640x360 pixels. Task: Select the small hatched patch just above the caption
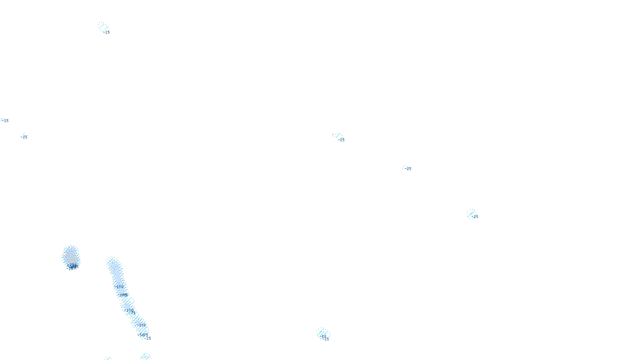click(x=322, y=332)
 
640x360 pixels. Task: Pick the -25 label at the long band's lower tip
click(x=148, y=338)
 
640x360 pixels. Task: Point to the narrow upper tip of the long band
click(x=112, y=261)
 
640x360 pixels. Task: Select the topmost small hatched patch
click(x=103, y=26)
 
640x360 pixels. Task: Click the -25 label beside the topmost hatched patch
click(x=107, y=32)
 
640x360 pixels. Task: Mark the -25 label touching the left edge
click(x=5, y=120)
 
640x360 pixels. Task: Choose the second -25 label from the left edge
click(x=24, y=137)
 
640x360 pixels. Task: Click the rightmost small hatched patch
click(x=471, y=213)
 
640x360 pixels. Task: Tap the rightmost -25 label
click(x=475, y=217)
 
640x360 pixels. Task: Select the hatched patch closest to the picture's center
click(x=337, y=136)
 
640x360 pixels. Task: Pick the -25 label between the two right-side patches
click(x=408, y=169)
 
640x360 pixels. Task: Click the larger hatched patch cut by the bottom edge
click(x=146, y=356)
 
